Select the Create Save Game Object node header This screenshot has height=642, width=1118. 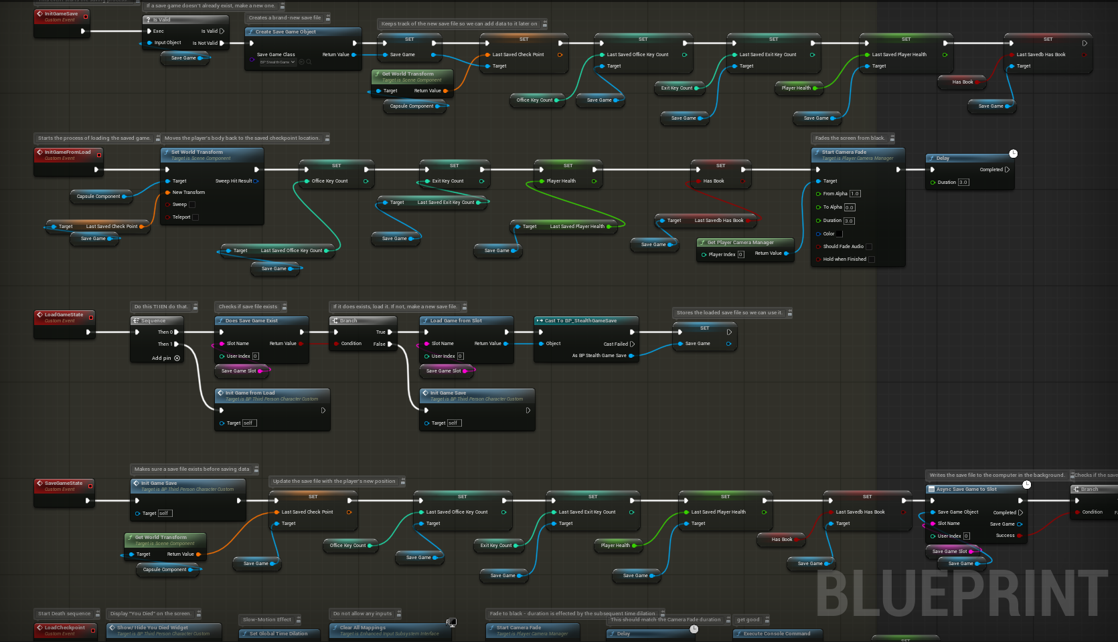pyautogui.click(x=286, y=31)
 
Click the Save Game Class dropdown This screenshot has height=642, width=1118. pyautogui.click(x=278, y=62)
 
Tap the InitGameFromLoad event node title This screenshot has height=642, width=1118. pyautogui.click(x=67, y=152)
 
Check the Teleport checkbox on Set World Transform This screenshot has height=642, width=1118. pyautogui.click(x=195, y=217)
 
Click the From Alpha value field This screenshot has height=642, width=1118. pyautogui.click(x=855, y=194)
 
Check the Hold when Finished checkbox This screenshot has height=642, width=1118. pyautogui.click(x=871, y=259)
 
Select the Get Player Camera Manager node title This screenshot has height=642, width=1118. pyautogui.click(x=740, y=242)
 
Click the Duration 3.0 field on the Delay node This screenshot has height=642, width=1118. pyautogui.click(x=963, y=182)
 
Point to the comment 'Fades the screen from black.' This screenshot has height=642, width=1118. pyautogui.click(x=850, y=138)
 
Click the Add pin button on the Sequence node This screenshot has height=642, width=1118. pyautogui.click(x=177, y=358)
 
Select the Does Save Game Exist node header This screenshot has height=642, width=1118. pyautogui.click(x=251, y=320)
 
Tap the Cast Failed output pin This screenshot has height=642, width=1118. pyautogui.click(x=632, y=344)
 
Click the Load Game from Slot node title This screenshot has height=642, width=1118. pyautogui.click(x=456, y=320)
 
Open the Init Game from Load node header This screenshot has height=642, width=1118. pyautogui.click(x=250, y=393)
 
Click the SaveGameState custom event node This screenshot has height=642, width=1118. pyautogui.click(x=64, y=483)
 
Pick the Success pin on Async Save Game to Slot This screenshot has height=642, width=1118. pyautogui.click(x=1020, y=535)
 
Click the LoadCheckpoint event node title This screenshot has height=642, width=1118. pyautogui.click(x=64, y=627)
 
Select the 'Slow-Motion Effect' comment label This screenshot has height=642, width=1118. pyautogui.click(x=267, y=620)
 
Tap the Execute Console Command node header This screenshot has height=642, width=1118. pyautogui.click(x=777, y=633)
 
